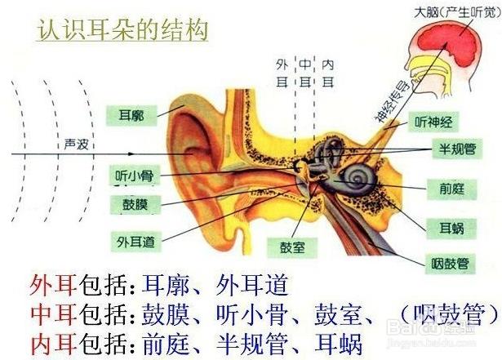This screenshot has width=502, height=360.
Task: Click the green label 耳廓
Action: pyautogui.click(x=131, y=115)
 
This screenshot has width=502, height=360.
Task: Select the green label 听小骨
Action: pyautogui.click(x=135, y=176)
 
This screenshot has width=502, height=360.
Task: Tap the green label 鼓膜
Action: pyautogui.click(x=135, y=204)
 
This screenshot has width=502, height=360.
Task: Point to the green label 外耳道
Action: pyautogui.click(x=136, y=242)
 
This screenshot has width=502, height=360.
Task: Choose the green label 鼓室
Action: pyautogui.click(x=292, y=247)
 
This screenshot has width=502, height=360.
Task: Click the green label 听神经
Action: pyautogui.click(x=433, y=122)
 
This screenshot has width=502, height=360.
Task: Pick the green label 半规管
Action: pyautogui.click(x=457, y=149)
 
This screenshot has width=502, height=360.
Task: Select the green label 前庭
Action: pyautogui.click(x=451, y=189)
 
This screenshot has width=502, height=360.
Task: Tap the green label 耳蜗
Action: pyautogui.click(x=451, y=229)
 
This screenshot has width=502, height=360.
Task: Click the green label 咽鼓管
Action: pyautogui.click(x=450, y=264)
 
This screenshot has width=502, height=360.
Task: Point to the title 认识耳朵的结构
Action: pyautogui.click(x=122, y=29)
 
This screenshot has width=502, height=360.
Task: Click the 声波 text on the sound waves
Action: pyautogui.click(x=76, y=144)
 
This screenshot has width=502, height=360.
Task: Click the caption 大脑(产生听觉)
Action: pyautogui.click(x=458, y=12)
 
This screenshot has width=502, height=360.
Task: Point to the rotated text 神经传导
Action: pyautogui.click(x=393, y=102)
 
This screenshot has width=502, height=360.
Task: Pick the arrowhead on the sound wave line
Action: pyautogui.click(x=131, y=154)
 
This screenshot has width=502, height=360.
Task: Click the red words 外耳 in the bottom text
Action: pyautogui.click(x=53, y=286)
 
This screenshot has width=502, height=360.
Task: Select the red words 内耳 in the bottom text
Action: pyautogui.click(x=53, y=344)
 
